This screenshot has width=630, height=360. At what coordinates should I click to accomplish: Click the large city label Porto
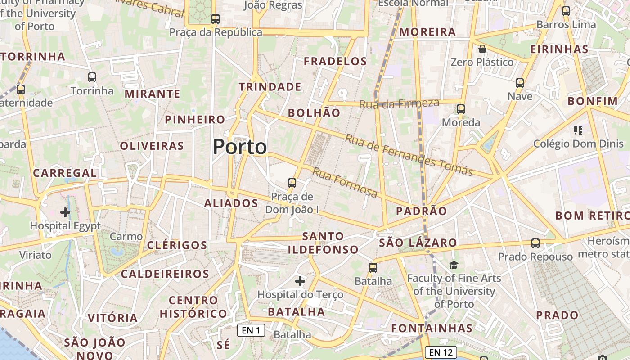240,147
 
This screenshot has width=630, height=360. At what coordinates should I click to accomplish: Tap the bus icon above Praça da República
216,19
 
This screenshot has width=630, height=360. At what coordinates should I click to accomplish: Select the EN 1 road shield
251,331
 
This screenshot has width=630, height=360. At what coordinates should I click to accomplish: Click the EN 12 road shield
441,352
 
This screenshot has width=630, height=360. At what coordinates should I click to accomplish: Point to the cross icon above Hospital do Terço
300,282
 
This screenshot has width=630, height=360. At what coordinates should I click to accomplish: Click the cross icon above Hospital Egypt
65,212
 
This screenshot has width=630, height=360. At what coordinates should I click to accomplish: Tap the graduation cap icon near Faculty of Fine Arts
454,265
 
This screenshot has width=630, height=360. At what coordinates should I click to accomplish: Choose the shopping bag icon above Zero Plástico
482,49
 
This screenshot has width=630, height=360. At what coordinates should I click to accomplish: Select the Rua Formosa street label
345,183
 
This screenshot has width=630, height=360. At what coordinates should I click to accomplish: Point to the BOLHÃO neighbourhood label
314,113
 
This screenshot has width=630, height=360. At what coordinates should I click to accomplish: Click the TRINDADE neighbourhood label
270,87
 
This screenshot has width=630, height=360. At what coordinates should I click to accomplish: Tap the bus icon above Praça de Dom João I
292,183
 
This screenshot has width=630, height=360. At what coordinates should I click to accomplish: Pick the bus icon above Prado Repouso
535,243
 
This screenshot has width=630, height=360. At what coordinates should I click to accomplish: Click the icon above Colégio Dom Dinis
578,130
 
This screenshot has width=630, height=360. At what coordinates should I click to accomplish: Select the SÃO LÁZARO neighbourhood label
418,243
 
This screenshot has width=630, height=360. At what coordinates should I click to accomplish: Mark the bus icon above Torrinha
92,77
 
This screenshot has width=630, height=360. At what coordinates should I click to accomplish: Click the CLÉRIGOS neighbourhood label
177,245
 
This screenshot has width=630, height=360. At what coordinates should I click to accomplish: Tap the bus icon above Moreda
461,109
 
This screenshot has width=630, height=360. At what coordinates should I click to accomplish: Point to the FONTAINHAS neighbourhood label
432,328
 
